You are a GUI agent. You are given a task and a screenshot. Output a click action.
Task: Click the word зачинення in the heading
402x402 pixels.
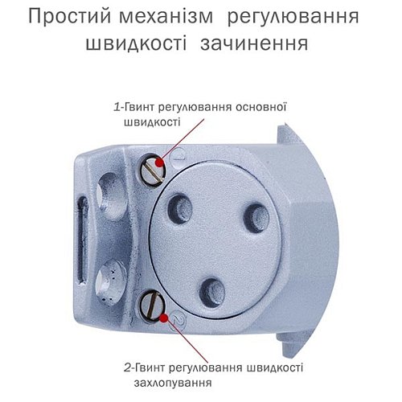260,43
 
